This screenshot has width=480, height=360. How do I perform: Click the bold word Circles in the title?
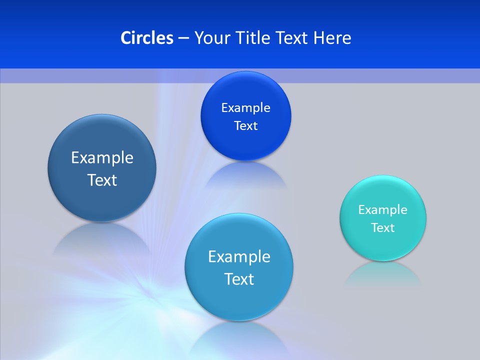point(146,38)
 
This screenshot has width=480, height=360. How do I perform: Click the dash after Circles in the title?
point(183,38)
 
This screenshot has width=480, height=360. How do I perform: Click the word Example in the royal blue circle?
point(245,108)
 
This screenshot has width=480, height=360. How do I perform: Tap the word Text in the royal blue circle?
point(245,126)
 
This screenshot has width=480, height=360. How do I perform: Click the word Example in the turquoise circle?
point(383,210)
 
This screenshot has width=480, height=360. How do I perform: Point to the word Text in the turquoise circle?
point(383,228)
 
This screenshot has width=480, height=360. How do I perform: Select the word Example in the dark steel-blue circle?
point(102,158)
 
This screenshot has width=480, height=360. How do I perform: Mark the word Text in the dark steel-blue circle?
point(102,180)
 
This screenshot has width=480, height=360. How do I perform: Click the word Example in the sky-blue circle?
point(239,257)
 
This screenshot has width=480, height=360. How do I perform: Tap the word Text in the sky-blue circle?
point(239,279)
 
